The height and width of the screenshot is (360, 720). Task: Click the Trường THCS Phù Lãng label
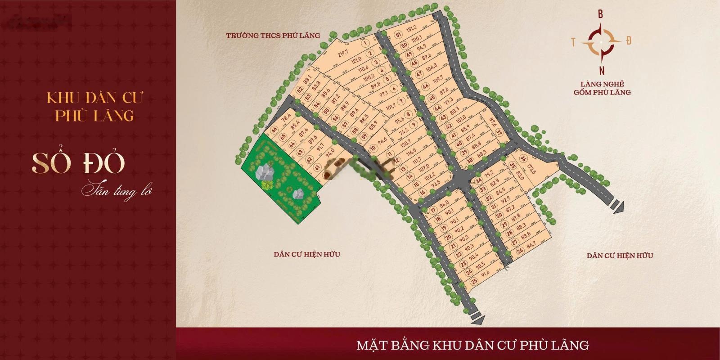tap(273, 35)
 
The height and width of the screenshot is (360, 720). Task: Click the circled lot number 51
tap(398, 35)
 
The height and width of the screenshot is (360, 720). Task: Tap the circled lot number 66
tap(274, 130)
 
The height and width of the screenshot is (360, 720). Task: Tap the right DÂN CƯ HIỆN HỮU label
tap(620, 256)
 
